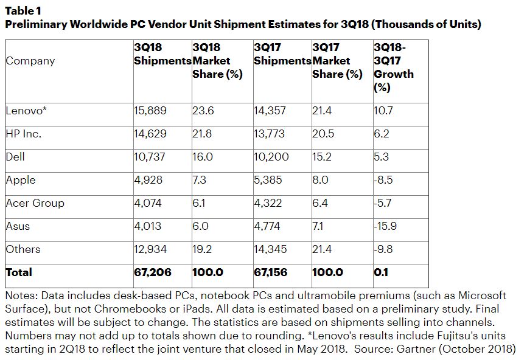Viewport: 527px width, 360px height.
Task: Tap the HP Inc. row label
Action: (x=23, y=134)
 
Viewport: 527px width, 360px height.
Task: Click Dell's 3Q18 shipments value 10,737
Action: (x=150, y=157)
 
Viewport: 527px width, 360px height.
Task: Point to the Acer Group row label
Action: (x=35, y=203)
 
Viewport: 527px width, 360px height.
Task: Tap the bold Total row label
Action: (x=19, y=272)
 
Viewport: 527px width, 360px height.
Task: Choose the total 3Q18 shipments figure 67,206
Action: (x=152, y=272)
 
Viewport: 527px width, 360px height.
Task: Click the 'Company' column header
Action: (x=30, y=61)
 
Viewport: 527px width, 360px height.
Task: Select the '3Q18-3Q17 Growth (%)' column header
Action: (x=393, y=67)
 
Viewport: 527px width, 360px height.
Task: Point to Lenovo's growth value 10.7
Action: (x=383, y=111)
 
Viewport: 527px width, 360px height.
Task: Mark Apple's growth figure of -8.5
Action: (x=384, y=180)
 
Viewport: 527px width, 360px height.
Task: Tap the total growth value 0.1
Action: (x=381, y=272)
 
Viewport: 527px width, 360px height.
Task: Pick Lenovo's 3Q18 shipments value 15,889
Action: (x=150, y=111)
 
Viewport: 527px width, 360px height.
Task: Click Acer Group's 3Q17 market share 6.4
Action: (x=320, y=203)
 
